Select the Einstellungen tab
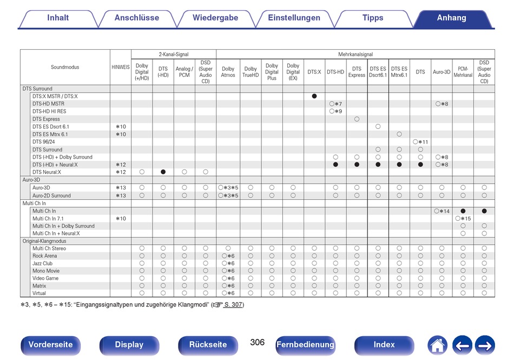294,18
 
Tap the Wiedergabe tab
215,18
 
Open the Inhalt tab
58,18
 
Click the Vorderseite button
50,345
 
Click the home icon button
437,345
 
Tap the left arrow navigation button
462,345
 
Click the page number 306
258,342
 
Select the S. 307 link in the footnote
233,305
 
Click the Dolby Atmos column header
228,72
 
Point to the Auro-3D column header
441,72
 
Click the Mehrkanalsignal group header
355,55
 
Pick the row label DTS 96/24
44,142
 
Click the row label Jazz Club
42,263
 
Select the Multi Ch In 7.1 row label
48,218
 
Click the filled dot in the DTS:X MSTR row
314,96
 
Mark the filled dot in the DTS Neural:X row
163,172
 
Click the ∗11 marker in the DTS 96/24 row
423,142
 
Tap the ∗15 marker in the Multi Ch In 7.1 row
466,218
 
